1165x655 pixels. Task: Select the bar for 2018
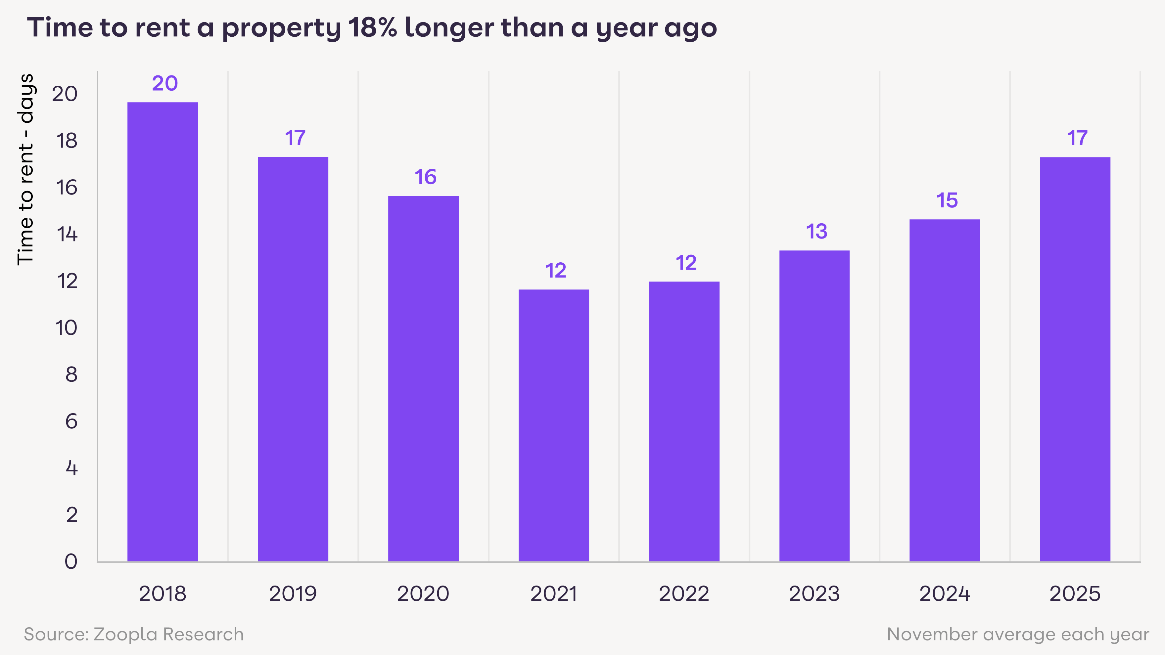[x=163, y=332]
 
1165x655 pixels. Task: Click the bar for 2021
[x=554, y=425]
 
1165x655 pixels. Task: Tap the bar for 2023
[x=814, y=406]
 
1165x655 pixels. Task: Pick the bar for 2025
[x=1075, y=359]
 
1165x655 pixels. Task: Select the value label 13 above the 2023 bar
[x=816, y=232]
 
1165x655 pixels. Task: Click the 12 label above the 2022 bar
[x=686, y=263]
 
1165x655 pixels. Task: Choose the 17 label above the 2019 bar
[x=295, y=138]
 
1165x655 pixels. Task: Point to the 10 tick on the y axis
[x=66, y=328]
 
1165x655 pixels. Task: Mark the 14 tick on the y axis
[x=67, y=235]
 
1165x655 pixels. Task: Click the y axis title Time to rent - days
[x=26, y=169]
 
